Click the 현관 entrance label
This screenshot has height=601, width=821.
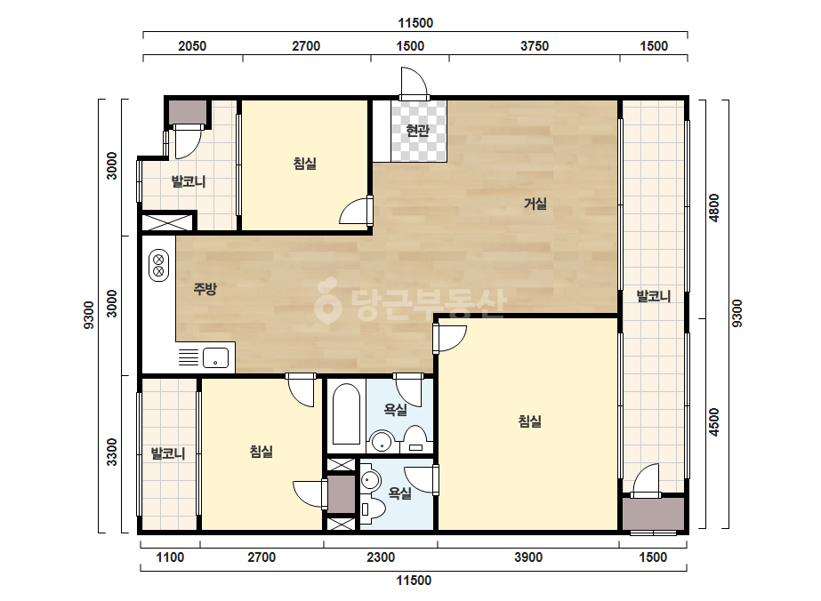click(417, 131)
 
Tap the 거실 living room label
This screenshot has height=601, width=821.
click(535, 203)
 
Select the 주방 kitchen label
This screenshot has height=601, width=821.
click(205, 288)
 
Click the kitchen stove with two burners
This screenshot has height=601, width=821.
click(158, 266)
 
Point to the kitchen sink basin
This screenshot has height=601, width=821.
click(215, 357)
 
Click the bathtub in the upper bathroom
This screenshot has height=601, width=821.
click(346, 414)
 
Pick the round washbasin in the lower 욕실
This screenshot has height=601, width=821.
click(371, 480)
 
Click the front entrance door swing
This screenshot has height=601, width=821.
click(415, 82)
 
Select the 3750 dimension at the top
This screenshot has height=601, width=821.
click(534, 46)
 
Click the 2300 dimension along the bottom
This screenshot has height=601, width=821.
click(381, 557)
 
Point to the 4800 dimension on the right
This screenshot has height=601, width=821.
click(713, 208)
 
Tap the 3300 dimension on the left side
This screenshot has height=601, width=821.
click(111, 453)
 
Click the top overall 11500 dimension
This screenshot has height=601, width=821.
click(415, 23)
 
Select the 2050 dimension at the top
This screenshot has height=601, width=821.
click(192, 46)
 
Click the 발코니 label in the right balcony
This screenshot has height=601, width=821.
click(654, 296)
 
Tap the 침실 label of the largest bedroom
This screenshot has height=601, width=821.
click(530, 421)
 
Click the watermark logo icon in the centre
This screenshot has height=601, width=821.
click(327, 300)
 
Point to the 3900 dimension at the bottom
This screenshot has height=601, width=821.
click(527, 557)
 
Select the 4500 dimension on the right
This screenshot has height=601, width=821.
click(713, 422)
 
